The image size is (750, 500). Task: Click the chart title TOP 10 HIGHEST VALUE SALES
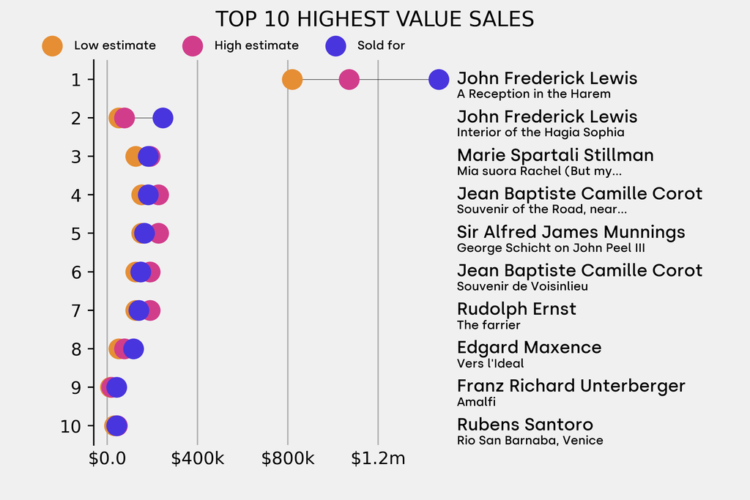click(374, 19)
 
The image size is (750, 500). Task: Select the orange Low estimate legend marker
click(52, 45)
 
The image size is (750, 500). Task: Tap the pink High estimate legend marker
click(192, 45)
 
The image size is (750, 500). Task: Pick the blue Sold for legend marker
click(335, 45)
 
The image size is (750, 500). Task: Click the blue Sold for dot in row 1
click(439, 79)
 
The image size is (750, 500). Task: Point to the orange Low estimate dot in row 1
click(292, 79)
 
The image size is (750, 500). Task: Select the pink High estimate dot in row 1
click(349, 79)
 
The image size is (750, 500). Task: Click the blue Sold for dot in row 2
click(163, 118)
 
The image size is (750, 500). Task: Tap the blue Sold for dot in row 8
click(133, 348)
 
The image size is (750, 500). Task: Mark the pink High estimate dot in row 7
click(151, 310)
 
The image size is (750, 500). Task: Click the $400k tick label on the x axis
click(197, 459)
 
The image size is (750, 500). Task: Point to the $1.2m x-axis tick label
click(378, 459)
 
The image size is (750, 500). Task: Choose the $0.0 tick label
click(107, 459)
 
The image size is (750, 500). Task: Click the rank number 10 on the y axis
click(71, 426)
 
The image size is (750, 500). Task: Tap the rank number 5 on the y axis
click(76, 234)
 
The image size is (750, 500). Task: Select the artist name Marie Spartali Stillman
click(555, 155)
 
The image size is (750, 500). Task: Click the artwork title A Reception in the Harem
click(533, 94)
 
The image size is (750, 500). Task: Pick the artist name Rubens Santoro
click(524, 425)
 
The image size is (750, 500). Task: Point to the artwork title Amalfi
click(476, 402)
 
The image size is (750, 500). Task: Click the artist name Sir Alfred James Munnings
click(571, 232)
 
